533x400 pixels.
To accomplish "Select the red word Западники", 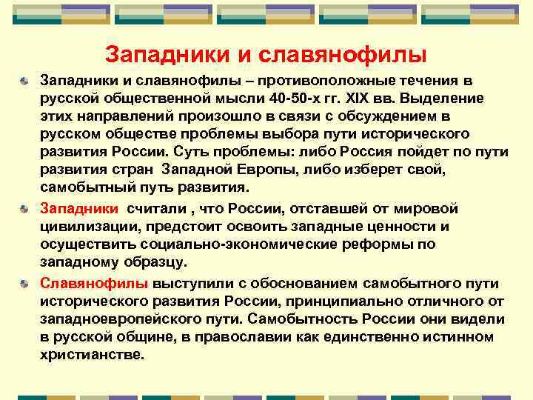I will click(x=79, y=208).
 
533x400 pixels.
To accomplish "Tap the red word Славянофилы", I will click(x=94, y=283).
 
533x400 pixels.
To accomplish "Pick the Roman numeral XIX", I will click(x=344, y=99).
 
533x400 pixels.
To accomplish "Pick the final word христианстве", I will click(x=92, y=355).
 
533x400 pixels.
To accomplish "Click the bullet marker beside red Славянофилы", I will click(x=25, y=284).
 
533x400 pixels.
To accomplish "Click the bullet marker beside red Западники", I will click(x=25, y=209).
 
